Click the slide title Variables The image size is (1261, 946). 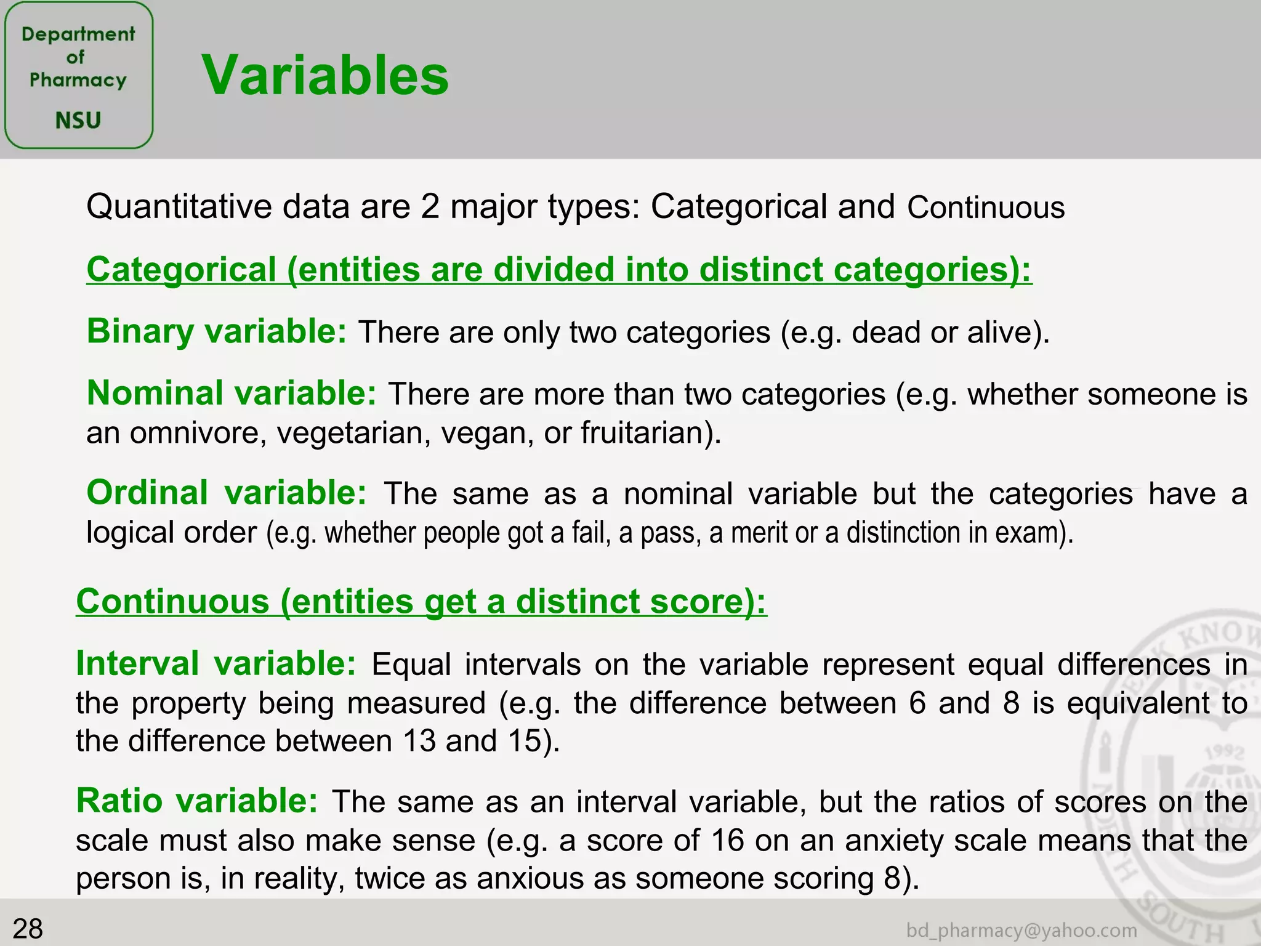(325, 75)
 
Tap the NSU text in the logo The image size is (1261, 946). (78, 120)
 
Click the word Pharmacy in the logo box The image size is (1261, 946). (78, 80)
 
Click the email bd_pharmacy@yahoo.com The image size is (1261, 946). (1021, 930)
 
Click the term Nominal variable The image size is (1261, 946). (232, 393)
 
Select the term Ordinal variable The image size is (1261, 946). (227, 493)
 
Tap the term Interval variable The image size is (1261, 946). (216, 664)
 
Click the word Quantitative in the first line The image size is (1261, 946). (179, 206)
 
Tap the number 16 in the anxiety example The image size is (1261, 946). (727, 840)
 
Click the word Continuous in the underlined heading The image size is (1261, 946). (173, 601)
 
